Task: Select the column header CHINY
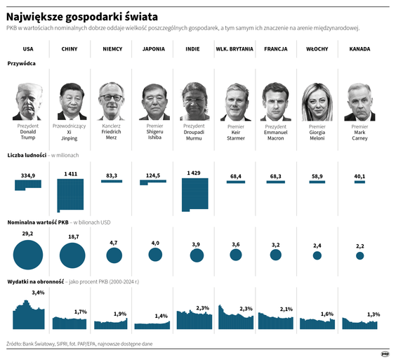pyautogui.click(x=70, y=50)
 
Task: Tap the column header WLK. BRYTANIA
pyautogui.click(x=235, y=50)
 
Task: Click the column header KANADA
pyautogui.click(x=359, y=50)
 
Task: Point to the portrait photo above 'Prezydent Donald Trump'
pyautogui.click(x=29, y=101)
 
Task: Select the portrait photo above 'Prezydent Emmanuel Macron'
pyautogui.click(x=276, y=101)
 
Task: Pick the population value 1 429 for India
pyautogui.click(x=194, y=173)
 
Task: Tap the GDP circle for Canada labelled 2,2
pyautogui.click(x=360, y=256)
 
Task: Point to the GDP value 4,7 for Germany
pyautogui.click(x=112, y=242)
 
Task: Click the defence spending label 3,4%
pyautogui.click(x=38, y=293)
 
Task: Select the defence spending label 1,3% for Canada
pyautogui.click(x=374, y=314)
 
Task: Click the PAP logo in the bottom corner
pyautogui.click(x=385, y=353)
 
